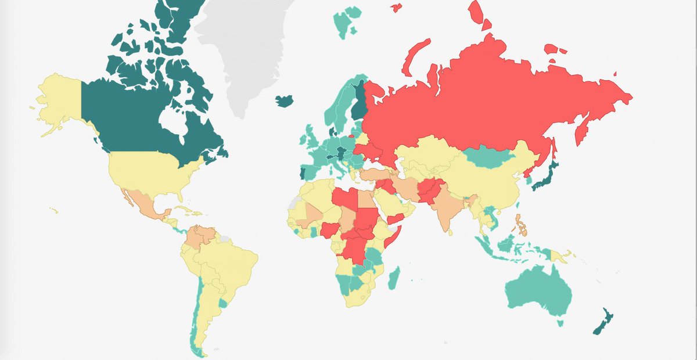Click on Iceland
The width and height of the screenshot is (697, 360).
[284, 100]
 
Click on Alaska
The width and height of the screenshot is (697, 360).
[58, 99]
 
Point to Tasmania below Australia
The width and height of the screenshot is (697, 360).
[560, 323]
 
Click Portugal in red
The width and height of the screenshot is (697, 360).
[300, 173]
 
